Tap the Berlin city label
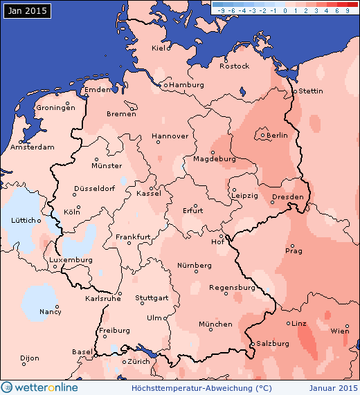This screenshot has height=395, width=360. click(x=277, y=135)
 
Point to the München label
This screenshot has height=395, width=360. click(x=215, y=324)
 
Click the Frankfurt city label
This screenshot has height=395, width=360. click(x=133, y=237)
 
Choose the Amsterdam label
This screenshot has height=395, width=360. click(x=33, y=147)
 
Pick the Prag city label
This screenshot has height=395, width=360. click(x=294, y=250)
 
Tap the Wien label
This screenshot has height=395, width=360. click(x=340, y=331)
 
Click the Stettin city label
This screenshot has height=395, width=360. click(x=311, y=91)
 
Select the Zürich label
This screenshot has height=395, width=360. click(x=139, y=362)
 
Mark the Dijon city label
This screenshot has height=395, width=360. click(x=30, y=358)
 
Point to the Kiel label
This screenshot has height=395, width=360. click(x=161, y=48)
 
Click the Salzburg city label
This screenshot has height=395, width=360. click(x=272, y=343)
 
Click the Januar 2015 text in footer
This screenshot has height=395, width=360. click(x=334, y=387)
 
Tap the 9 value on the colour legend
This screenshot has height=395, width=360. click(x=347, y=11)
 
